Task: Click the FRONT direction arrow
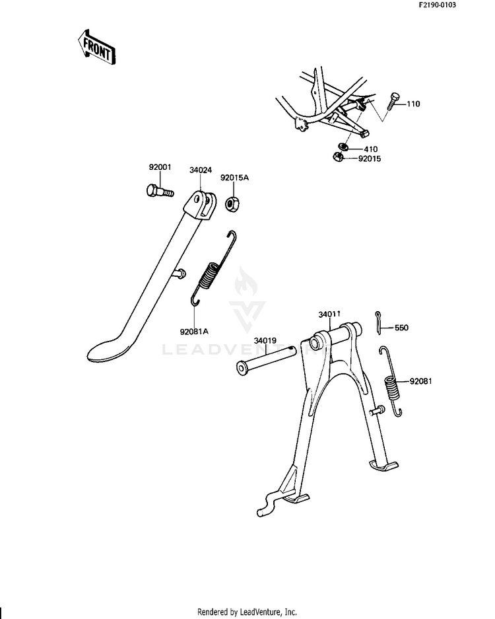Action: pyautogui.click(x=96, y=48)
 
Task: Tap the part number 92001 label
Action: pyautogui.click(x=160, y=167)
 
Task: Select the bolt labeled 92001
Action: pyautogui.click(x=159, y=192)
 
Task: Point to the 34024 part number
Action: pyautogui.click(x=201, y=170)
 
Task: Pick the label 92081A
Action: pyautogui.click(x=194, y=332)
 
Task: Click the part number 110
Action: pyautogui.click(x=413, y=104)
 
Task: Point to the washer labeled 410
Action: pyautogui.click(x=343, y=147)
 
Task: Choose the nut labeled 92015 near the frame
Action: pyautogui.click(x=338, y=157)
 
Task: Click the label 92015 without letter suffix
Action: pyautogui.click(x=370, y=159)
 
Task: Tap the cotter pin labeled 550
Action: pyautogui.click(x=378, y=323)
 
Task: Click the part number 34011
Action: pyautogui.click(x=329, y=314)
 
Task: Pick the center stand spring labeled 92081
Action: pyautogui.click(x=392, y=382)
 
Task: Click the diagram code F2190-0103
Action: pyautogui.click(x=437, y=5)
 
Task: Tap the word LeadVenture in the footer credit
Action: pyautogui.click(x=259, y=612)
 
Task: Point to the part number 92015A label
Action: pyautogui.click(x=234, y=178)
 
